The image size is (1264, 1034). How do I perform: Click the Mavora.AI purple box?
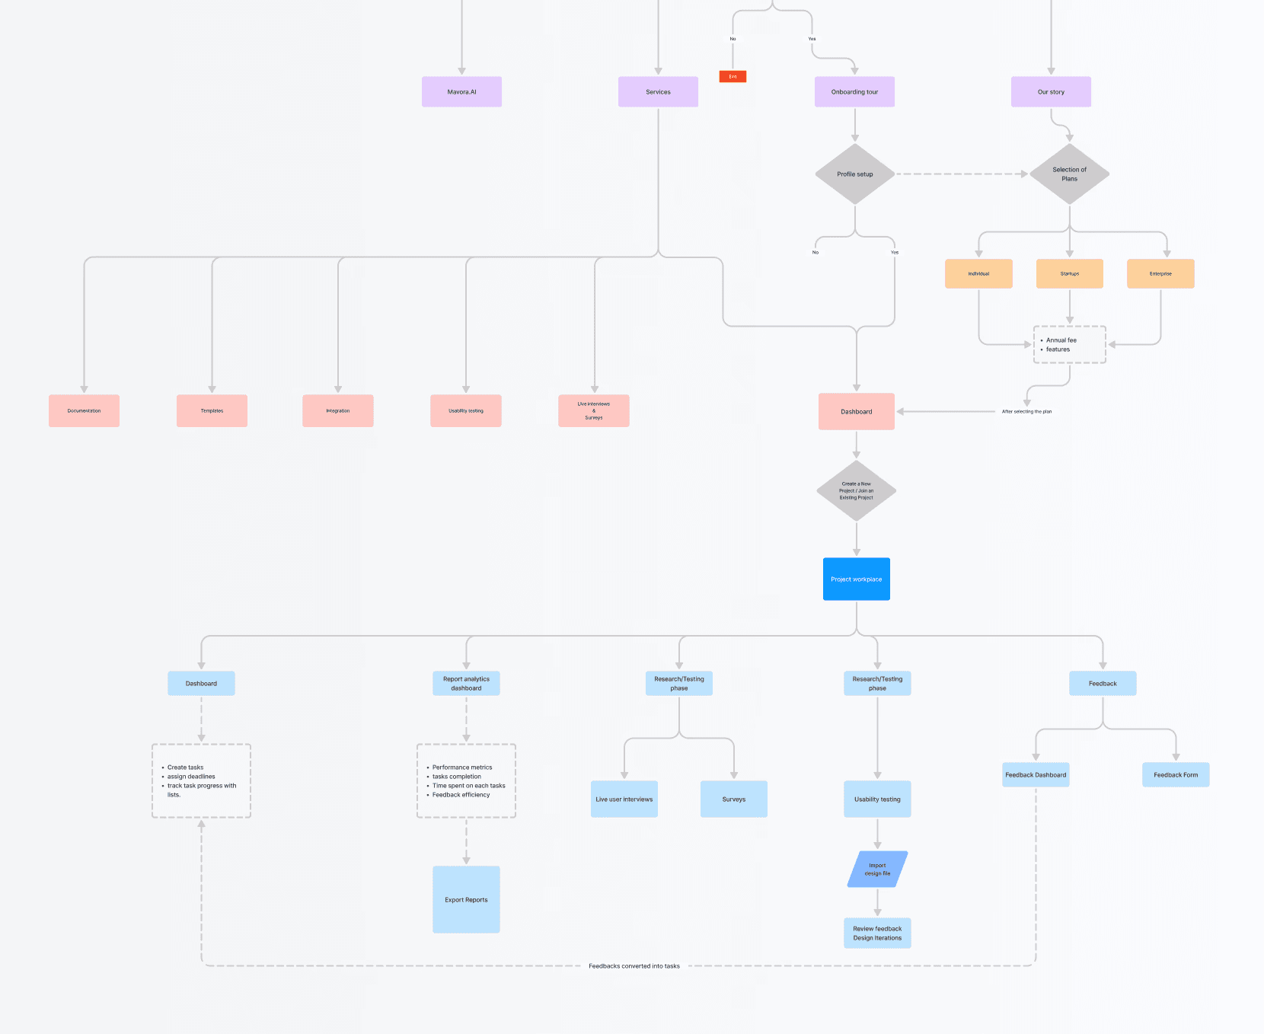point(461,91)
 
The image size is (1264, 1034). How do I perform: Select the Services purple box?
point(658,91)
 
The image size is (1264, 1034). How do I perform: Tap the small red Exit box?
point(733,76)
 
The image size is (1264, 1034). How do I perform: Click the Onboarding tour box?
point(854,91)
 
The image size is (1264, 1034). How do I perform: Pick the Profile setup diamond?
point(855,174)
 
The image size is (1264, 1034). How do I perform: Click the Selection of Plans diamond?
point(1069,174)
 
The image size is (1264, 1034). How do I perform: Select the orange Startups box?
point(1069,273)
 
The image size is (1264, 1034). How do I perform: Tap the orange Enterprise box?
point(1160,273)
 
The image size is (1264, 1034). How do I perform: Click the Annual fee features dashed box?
point(1069,345)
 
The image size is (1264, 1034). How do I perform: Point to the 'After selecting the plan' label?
point(1026,411)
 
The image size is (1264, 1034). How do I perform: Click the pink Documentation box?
point(84,410)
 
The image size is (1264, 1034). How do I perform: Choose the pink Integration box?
point(338,410)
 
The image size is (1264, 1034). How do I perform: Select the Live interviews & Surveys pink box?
point(594,410)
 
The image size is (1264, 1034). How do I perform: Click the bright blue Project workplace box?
point(856,579)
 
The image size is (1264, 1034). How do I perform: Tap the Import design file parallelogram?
point(877,869)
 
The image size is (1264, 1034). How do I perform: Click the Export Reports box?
point(466,899)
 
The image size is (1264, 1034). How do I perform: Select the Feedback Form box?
point(1176,774)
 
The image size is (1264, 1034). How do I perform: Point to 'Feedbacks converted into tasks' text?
point(634,965)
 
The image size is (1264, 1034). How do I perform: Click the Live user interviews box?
point(624,799)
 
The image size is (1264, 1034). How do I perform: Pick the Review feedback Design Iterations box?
point(877,933)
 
